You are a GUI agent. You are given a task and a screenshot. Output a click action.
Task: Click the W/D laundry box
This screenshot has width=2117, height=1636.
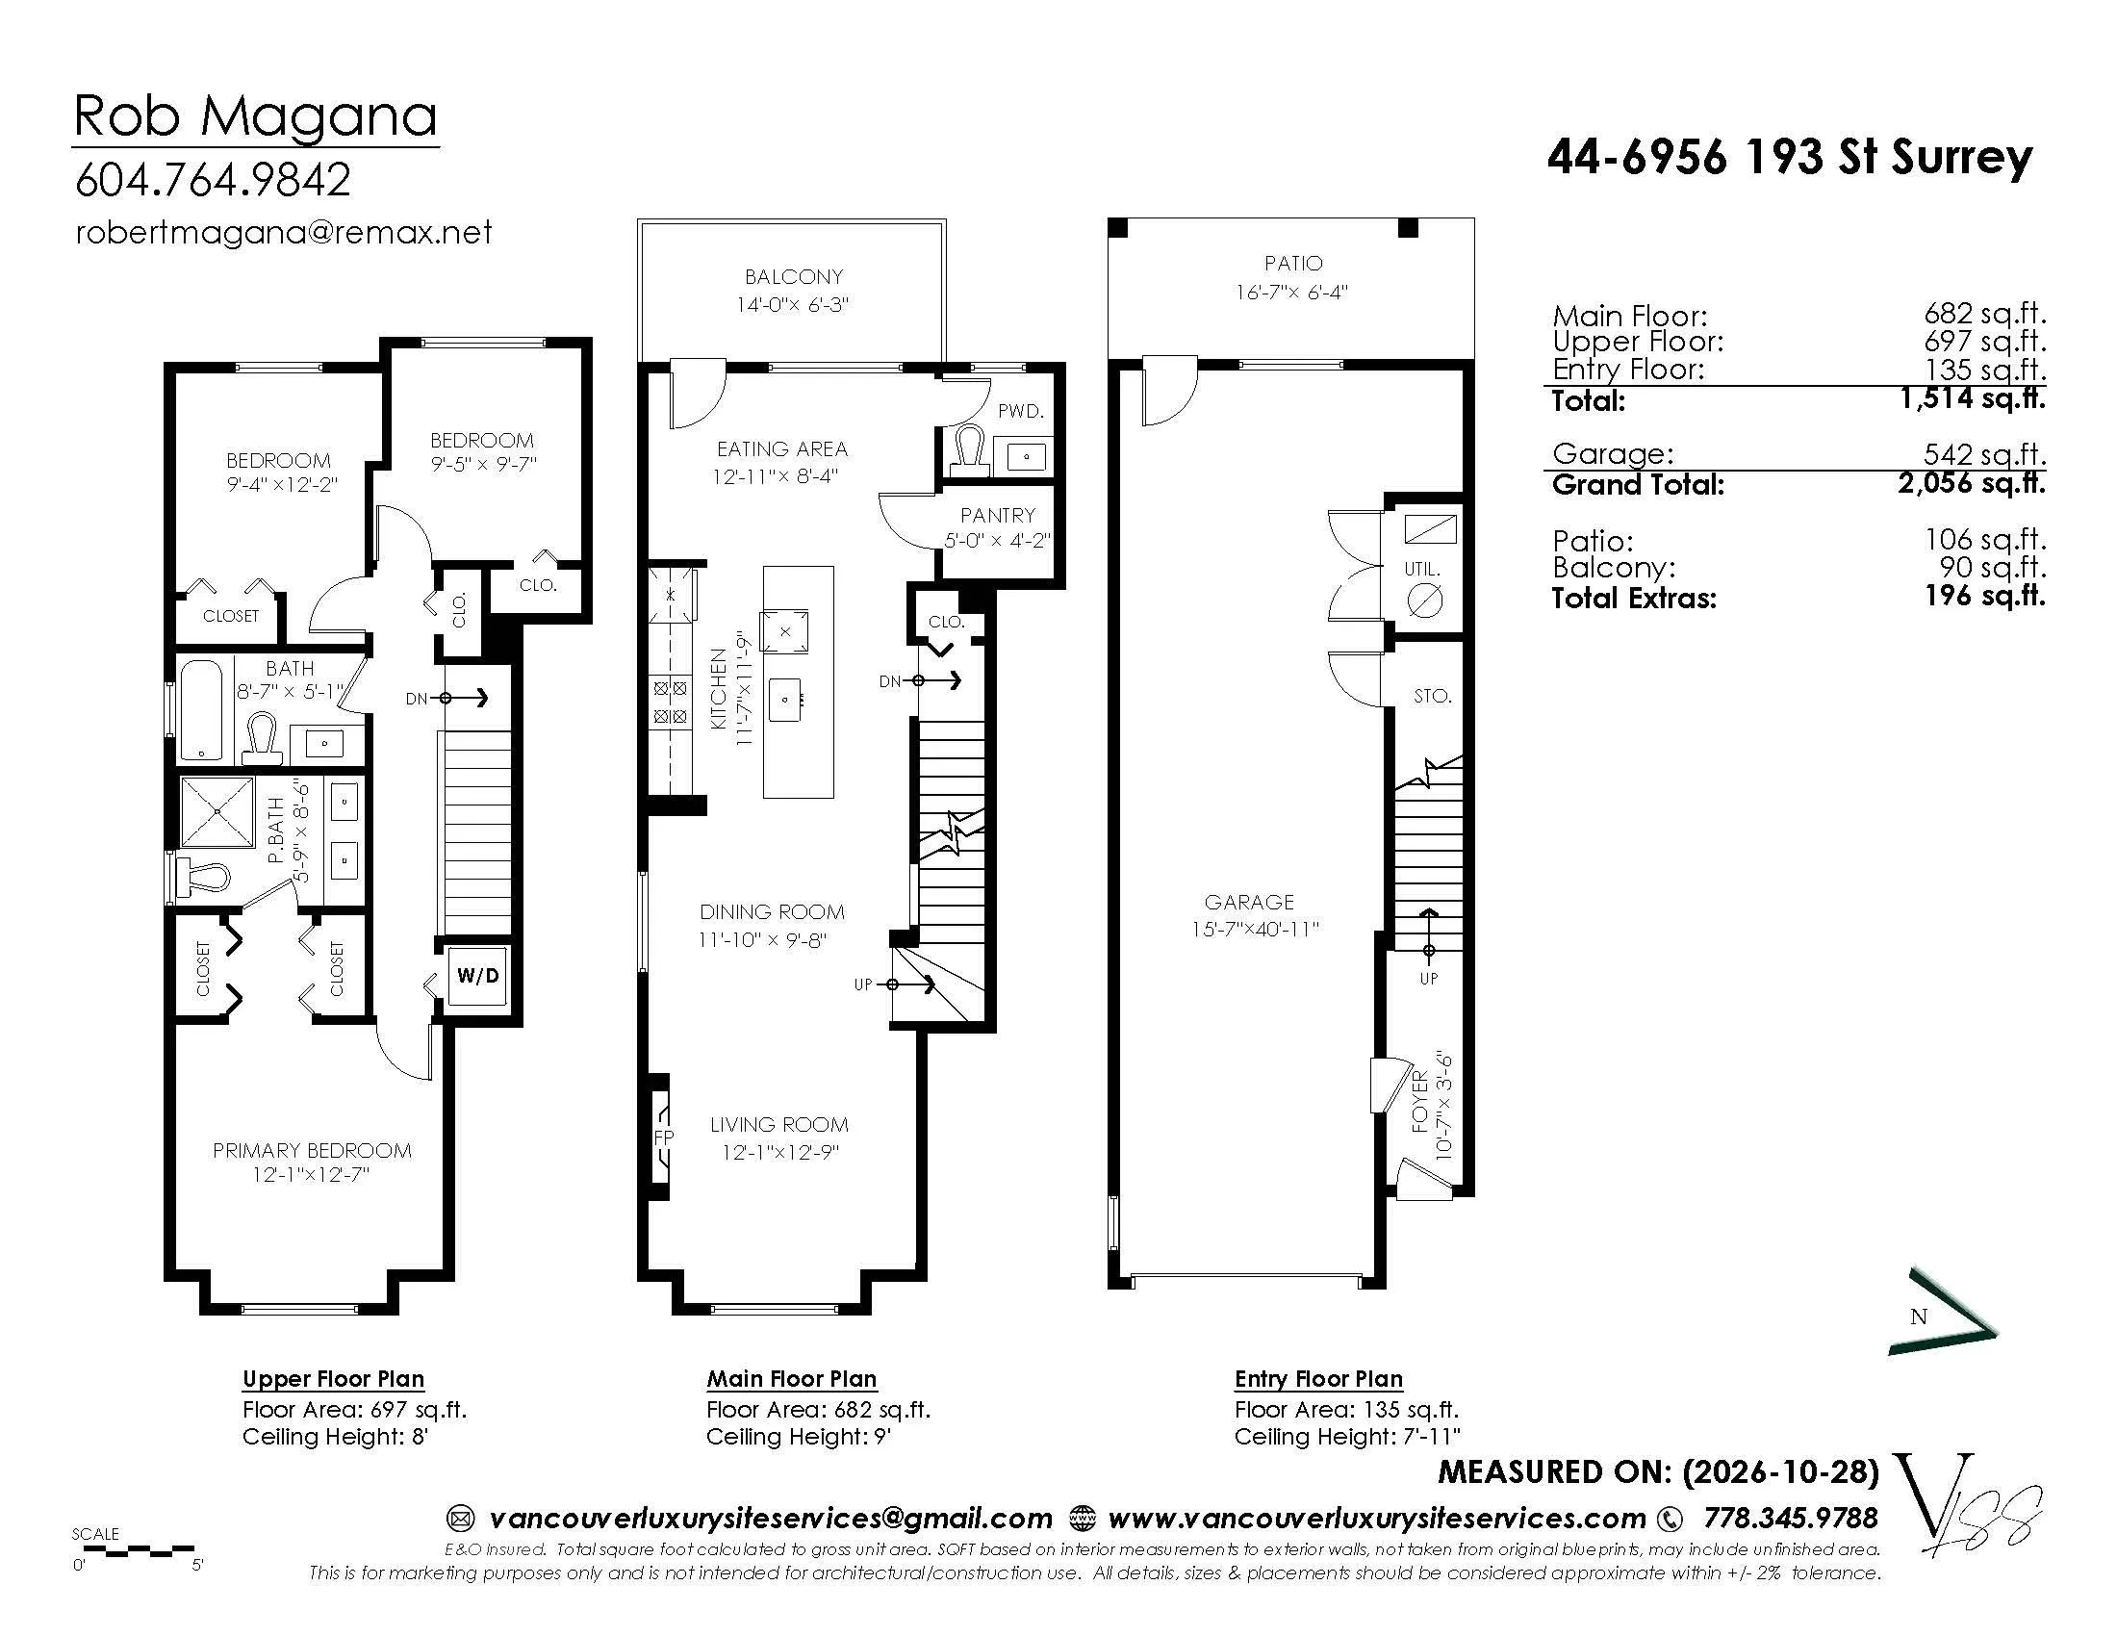478,975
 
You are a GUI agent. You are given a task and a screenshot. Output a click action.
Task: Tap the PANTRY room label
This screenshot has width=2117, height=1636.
998,515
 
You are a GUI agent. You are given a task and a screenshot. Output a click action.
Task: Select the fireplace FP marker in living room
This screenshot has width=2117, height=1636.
664,1137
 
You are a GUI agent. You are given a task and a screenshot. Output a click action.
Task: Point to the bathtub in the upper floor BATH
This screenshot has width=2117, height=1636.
202,710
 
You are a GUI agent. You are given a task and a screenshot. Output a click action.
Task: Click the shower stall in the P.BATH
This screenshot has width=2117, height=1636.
218,810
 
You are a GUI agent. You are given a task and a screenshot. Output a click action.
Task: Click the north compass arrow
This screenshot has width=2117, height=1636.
1943,1312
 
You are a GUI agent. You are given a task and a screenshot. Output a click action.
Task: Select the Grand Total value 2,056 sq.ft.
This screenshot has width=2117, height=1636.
1972,483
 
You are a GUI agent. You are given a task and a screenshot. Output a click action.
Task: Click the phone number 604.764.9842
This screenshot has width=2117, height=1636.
213,179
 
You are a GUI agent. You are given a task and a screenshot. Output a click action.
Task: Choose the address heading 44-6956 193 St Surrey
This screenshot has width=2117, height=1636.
1790,156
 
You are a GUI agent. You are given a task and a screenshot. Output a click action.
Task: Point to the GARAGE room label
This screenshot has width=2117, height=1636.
1248,902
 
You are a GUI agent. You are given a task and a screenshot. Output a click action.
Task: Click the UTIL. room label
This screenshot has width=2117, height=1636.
1422,570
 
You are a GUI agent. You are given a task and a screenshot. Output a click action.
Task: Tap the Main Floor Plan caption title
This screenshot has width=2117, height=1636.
791,1378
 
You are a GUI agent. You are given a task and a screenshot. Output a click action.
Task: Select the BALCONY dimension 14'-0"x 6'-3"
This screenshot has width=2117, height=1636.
792,304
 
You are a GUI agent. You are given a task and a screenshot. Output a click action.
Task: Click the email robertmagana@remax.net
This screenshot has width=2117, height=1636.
283,233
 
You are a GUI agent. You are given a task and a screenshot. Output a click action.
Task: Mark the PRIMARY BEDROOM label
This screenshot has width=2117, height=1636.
312,1150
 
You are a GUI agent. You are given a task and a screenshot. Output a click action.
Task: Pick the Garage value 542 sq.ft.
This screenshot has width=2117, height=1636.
1984,453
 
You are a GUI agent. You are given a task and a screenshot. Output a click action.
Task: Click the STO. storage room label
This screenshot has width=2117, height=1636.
1432,696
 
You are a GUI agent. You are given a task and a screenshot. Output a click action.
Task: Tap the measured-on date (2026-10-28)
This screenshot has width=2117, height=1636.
1780,1471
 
